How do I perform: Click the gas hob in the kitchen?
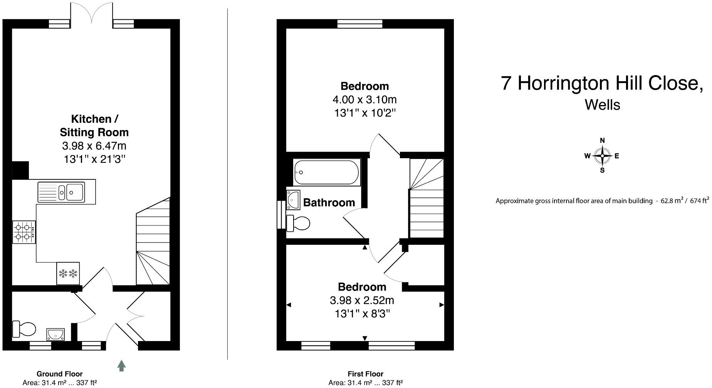coord(24,232)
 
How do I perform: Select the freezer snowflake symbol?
coord(68,274)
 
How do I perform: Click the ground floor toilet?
coord(24,329)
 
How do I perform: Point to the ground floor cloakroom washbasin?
coord(55,334)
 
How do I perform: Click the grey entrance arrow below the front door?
coord(121,366)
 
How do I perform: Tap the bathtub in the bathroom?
coord(326,172)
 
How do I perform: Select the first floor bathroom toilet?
coord(299,223)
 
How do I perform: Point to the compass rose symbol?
coord(602,156)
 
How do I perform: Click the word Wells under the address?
coord(602,105)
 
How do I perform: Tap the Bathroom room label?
coord(329,202)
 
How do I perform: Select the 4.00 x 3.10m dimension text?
coord(364,100)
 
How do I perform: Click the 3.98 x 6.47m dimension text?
coord(94,146)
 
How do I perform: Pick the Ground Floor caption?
coord(60,374)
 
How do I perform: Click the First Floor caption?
coord(365,374)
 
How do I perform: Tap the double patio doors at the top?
coord(92,13)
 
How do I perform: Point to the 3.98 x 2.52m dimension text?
coord(362,300)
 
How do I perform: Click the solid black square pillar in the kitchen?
coord(20,170)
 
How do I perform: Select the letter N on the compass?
coord(602,140)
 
